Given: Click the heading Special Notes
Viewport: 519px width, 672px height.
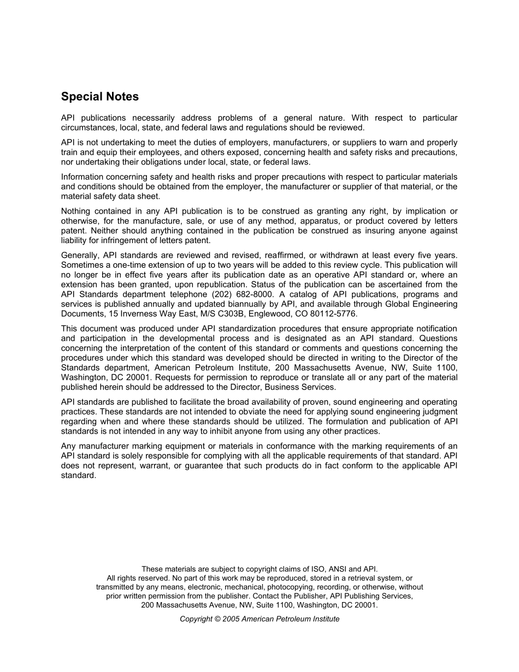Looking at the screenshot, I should [100, 97].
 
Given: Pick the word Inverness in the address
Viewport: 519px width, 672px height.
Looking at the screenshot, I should [135, 314].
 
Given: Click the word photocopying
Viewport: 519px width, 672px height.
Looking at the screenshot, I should [289, 587].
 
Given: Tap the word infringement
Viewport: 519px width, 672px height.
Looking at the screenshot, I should [117, 240].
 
